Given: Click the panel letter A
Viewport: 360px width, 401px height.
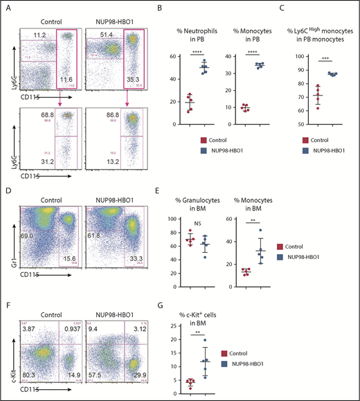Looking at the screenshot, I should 7,8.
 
